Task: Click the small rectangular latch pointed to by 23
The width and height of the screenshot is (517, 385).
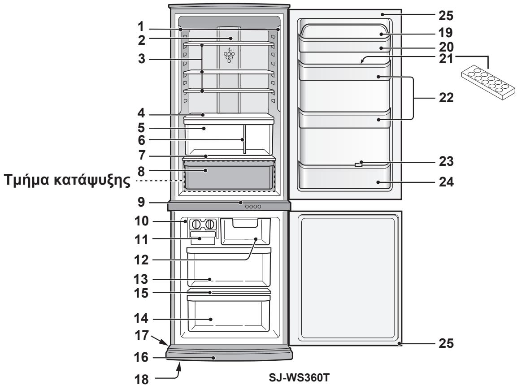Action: click(x=357, y=165)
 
